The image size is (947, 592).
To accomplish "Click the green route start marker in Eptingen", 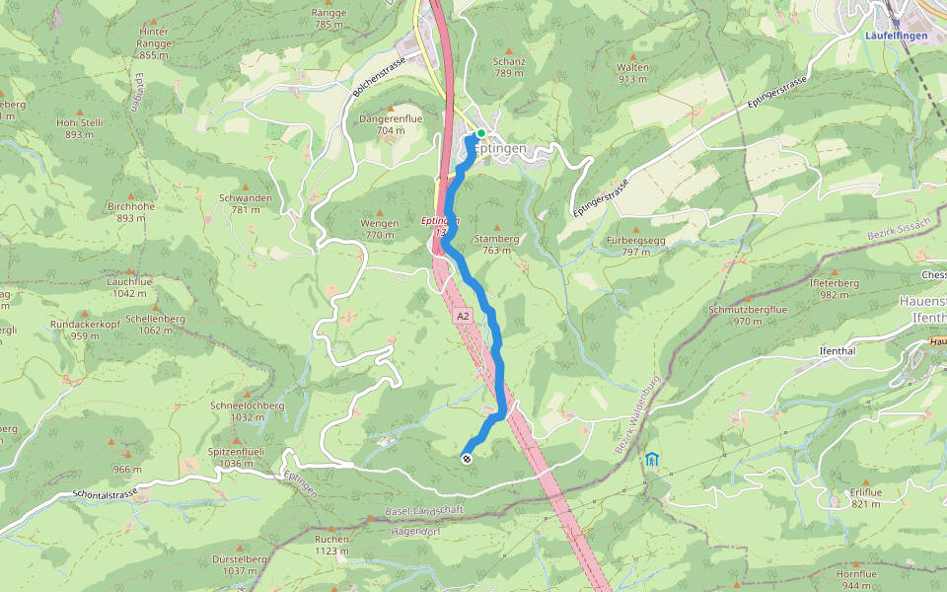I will [480, 133].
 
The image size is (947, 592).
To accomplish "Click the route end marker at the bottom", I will [467, 457].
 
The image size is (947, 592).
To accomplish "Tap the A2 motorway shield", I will [464, 316].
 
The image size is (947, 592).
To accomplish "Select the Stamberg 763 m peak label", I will [496, 244].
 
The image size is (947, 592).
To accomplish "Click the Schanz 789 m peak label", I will [509, 66].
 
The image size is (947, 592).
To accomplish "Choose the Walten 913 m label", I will [632, 73].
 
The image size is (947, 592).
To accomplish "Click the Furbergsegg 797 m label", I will [635, 246].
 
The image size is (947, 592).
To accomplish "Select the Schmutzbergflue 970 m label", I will [748, 315].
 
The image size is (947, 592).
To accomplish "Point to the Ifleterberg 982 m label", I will [835, 288].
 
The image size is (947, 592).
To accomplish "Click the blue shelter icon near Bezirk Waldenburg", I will [651, 459].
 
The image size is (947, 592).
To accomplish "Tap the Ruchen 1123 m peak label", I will [331, 545].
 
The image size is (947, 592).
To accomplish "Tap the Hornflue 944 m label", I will [855, 579].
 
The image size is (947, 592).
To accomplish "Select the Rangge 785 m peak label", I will [328, 18].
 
